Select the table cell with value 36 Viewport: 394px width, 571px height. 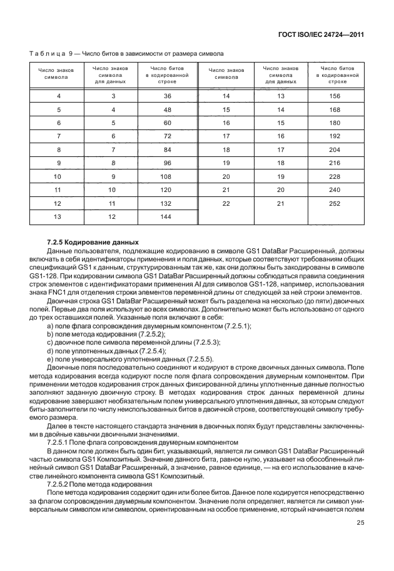(x=167, y=96)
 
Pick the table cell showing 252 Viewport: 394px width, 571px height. (x=334, y=204)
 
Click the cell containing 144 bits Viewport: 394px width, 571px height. (x=167, y=217)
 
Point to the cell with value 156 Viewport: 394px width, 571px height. (x=334, y=96)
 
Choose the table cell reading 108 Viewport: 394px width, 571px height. (x=167, y=176)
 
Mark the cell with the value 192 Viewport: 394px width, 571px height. (x=334, y=136)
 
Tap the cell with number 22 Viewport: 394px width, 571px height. (x=226, y=204)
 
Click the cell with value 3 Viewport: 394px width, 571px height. (x=113, y=96)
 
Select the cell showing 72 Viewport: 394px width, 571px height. (x=167, y=136)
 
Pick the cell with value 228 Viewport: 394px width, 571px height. (x=334, y=176)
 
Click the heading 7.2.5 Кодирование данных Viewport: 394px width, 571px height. (x=93, y=242)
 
